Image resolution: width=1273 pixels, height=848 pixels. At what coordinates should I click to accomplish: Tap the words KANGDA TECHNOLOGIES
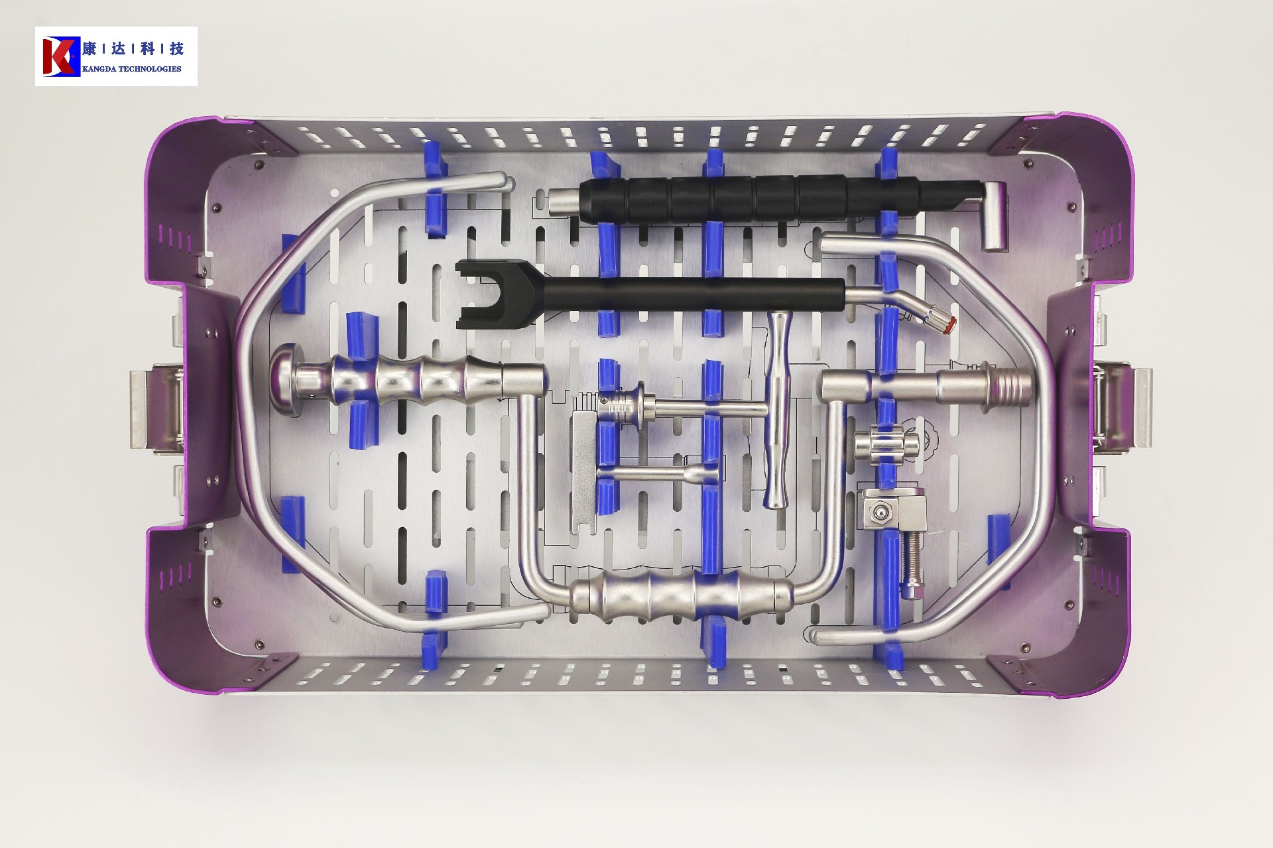click(x=131, y=69)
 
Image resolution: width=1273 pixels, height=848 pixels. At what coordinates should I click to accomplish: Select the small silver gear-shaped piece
click(x=886, y=444)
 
